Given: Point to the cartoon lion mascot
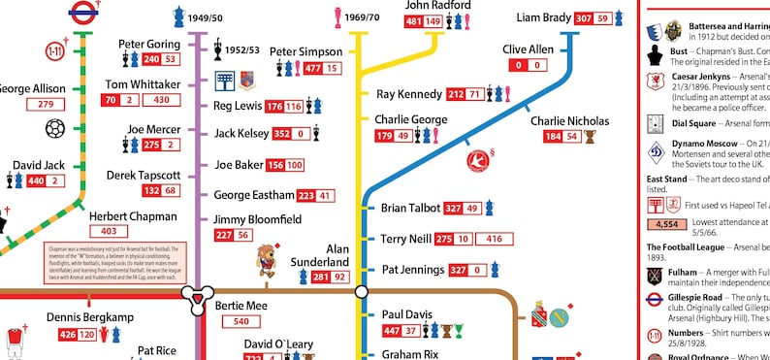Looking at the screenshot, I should coord(264,259).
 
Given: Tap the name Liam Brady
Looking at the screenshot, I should coord(543,17).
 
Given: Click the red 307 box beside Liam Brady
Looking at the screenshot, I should coord(584,18).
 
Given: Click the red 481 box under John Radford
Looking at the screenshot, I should coord(414,21).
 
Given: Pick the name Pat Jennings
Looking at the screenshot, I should coord(411,270).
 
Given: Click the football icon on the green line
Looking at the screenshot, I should coord(55,129).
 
